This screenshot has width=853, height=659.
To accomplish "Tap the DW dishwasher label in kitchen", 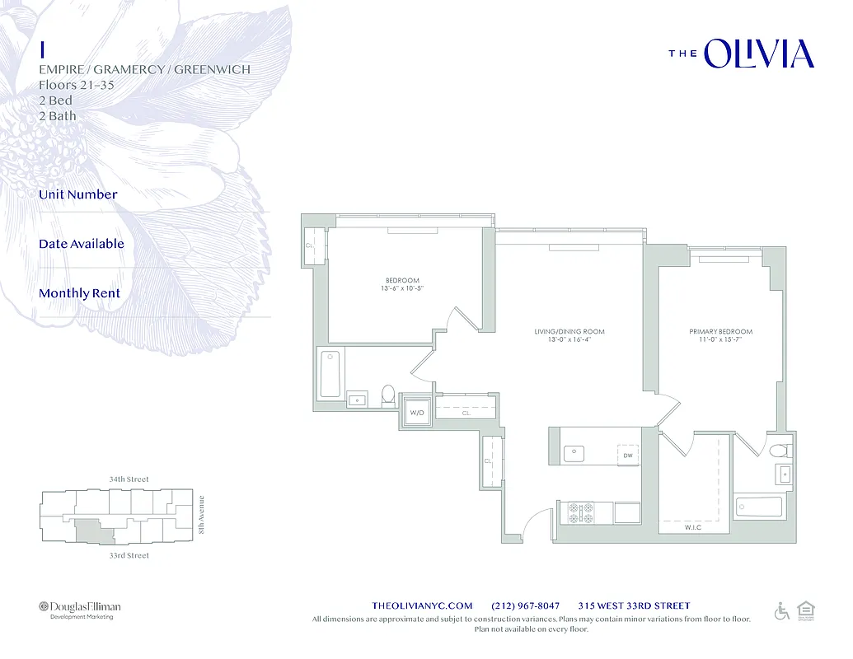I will [x=627, y=455].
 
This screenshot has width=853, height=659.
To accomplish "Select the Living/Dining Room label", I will [x=569, y=332].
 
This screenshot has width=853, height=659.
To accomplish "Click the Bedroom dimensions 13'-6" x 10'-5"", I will [x=402, y=289].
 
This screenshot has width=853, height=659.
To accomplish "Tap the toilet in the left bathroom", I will [x=388, y=396].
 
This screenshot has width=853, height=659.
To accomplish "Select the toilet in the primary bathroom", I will [x=779, y=451].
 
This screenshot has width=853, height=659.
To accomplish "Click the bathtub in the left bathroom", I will [x=330, y=374].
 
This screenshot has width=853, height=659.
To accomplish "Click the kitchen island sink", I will [x=574, y=453].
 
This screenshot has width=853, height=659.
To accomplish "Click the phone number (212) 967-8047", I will [x=525, y=606].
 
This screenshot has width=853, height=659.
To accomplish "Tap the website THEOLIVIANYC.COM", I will [x=423, y=606].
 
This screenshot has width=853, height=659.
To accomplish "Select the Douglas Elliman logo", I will [x=79, y=608].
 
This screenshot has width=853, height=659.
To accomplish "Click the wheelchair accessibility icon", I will [x=781, y=610].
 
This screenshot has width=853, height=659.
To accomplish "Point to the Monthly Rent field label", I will [x=79, y=293].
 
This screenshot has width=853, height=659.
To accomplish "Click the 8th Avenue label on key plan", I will [x=201, y=515].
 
